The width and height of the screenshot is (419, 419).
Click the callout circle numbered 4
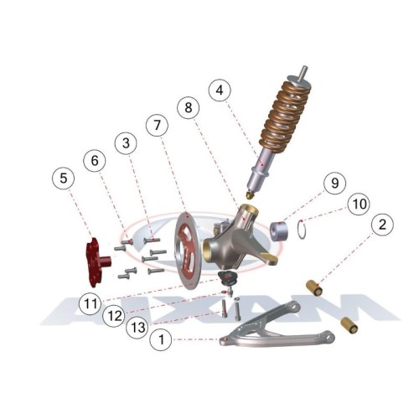(220, 91)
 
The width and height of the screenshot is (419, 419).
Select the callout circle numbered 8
(189, 107)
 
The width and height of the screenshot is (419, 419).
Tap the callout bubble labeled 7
(158, 125)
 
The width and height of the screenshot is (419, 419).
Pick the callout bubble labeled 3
(126, 143)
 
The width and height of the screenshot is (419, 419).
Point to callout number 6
(95, 161)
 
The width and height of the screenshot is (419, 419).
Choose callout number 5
(64, 178)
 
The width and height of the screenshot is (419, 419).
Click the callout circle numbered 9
(335, 183)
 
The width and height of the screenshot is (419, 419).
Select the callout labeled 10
(360, 204)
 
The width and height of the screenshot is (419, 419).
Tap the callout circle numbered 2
(382, 225)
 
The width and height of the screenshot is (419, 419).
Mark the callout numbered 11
(91, 303)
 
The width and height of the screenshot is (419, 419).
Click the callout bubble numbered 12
(114, 316)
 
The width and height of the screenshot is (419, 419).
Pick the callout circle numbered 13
(137, 328)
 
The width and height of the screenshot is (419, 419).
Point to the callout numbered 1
(161, 339)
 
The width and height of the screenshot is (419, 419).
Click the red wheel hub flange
(94, 262)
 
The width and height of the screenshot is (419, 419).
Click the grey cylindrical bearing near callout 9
(280, 230)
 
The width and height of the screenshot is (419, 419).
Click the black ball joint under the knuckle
(227, 278)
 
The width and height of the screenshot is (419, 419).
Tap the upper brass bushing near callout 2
(315, 287)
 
